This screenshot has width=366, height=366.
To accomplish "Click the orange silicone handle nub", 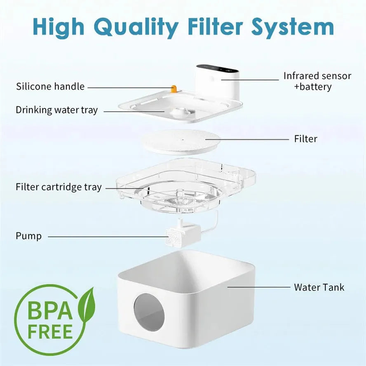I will [174, 88].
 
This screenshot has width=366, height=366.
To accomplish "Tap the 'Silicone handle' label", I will [50, 87].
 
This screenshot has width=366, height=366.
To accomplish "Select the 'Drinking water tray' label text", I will [57, 110].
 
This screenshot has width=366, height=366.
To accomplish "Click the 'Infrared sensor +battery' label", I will [317, 81].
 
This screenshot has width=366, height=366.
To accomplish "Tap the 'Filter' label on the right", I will [305, 139].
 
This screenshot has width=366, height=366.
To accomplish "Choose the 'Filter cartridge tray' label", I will [59, 187].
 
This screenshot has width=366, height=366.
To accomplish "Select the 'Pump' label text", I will [28, 236].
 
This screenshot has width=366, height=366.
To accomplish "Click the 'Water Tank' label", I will [319, 287].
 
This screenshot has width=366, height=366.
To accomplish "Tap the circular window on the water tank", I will [149, 312].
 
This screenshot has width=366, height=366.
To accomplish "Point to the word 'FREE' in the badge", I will [50, 331].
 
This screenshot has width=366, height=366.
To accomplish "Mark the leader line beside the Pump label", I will [107, 237].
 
